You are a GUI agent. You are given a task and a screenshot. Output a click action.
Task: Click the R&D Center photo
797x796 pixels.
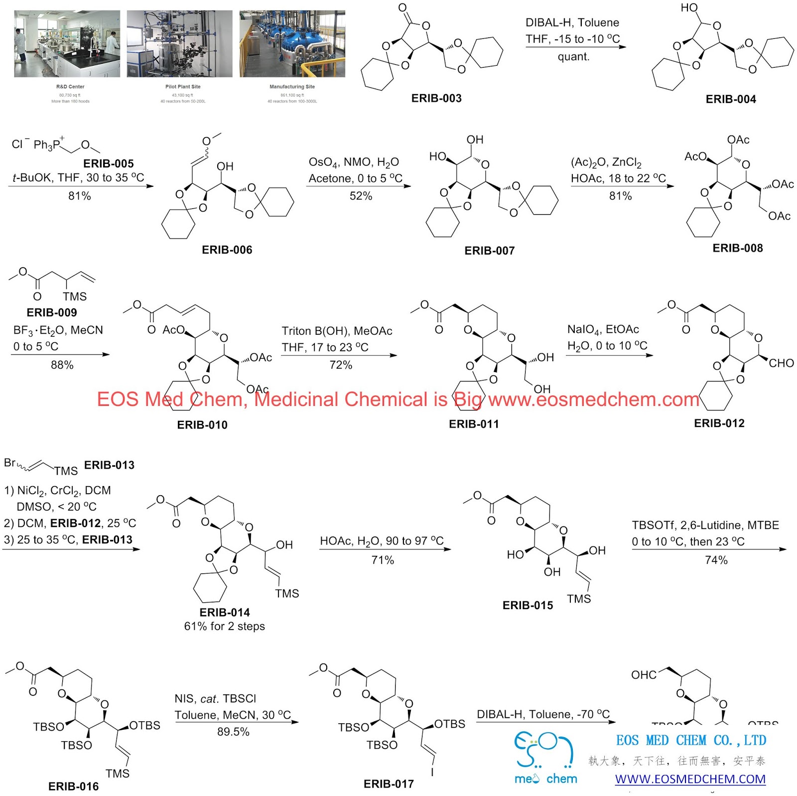pyautogui.click(x=67, y=44)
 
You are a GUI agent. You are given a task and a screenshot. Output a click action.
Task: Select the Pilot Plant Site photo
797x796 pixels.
pyautogui.click(x=179, y=44)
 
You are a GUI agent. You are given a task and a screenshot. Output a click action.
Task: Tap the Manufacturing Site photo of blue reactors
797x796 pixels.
pyautogui.click(x=292, y=44)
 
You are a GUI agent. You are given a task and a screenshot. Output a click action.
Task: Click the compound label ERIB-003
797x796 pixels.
pyautogui.click(x=436, y=98)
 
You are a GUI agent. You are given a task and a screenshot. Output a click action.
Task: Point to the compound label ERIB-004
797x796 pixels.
pyautogui.click(x=730, y=99)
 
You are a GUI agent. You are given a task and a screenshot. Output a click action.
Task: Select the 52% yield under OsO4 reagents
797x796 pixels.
pyautogui.click(x=361, y=196)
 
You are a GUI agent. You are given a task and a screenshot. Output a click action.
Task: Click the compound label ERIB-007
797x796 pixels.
pyautogui.click(x=489, y=251)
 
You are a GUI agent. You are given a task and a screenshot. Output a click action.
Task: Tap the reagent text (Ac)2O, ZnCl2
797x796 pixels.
pyautogui.click(x=606, y=162)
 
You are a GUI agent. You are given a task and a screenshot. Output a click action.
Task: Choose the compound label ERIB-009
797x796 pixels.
pyautogui.click(x=52, y=312)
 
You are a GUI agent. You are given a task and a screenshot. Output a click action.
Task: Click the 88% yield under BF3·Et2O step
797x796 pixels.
pyautogui.click(x=62, y=365)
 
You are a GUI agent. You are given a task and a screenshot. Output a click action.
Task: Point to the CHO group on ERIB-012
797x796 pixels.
pyautogui.click(x=781, y=363)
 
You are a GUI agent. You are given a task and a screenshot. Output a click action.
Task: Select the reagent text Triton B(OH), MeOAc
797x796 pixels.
pyautogui.click(x=337, y=331)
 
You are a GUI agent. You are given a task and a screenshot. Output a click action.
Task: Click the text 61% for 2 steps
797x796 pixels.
pyautogui.click(x=224, y=626)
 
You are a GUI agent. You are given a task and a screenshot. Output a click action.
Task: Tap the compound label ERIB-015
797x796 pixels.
pyautogui.click(x=528, y=605)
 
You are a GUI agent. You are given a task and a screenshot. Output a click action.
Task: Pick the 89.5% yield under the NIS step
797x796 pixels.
pyautogui.click(x=233, y=731)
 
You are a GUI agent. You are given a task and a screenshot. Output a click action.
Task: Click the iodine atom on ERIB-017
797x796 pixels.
pyautogui.click(x=432, y=772)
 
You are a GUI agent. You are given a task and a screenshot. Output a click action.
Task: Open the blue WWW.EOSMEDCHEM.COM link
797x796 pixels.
pyautogui.click(x=690, y=779)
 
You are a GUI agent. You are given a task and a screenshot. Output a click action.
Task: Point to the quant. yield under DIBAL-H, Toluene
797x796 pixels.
pyautogui.click(x=573, y=56)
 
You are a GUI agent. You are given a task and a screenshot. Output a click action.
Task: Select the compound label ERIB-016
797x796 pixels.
pyautogui.click(x=73, y=786)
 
